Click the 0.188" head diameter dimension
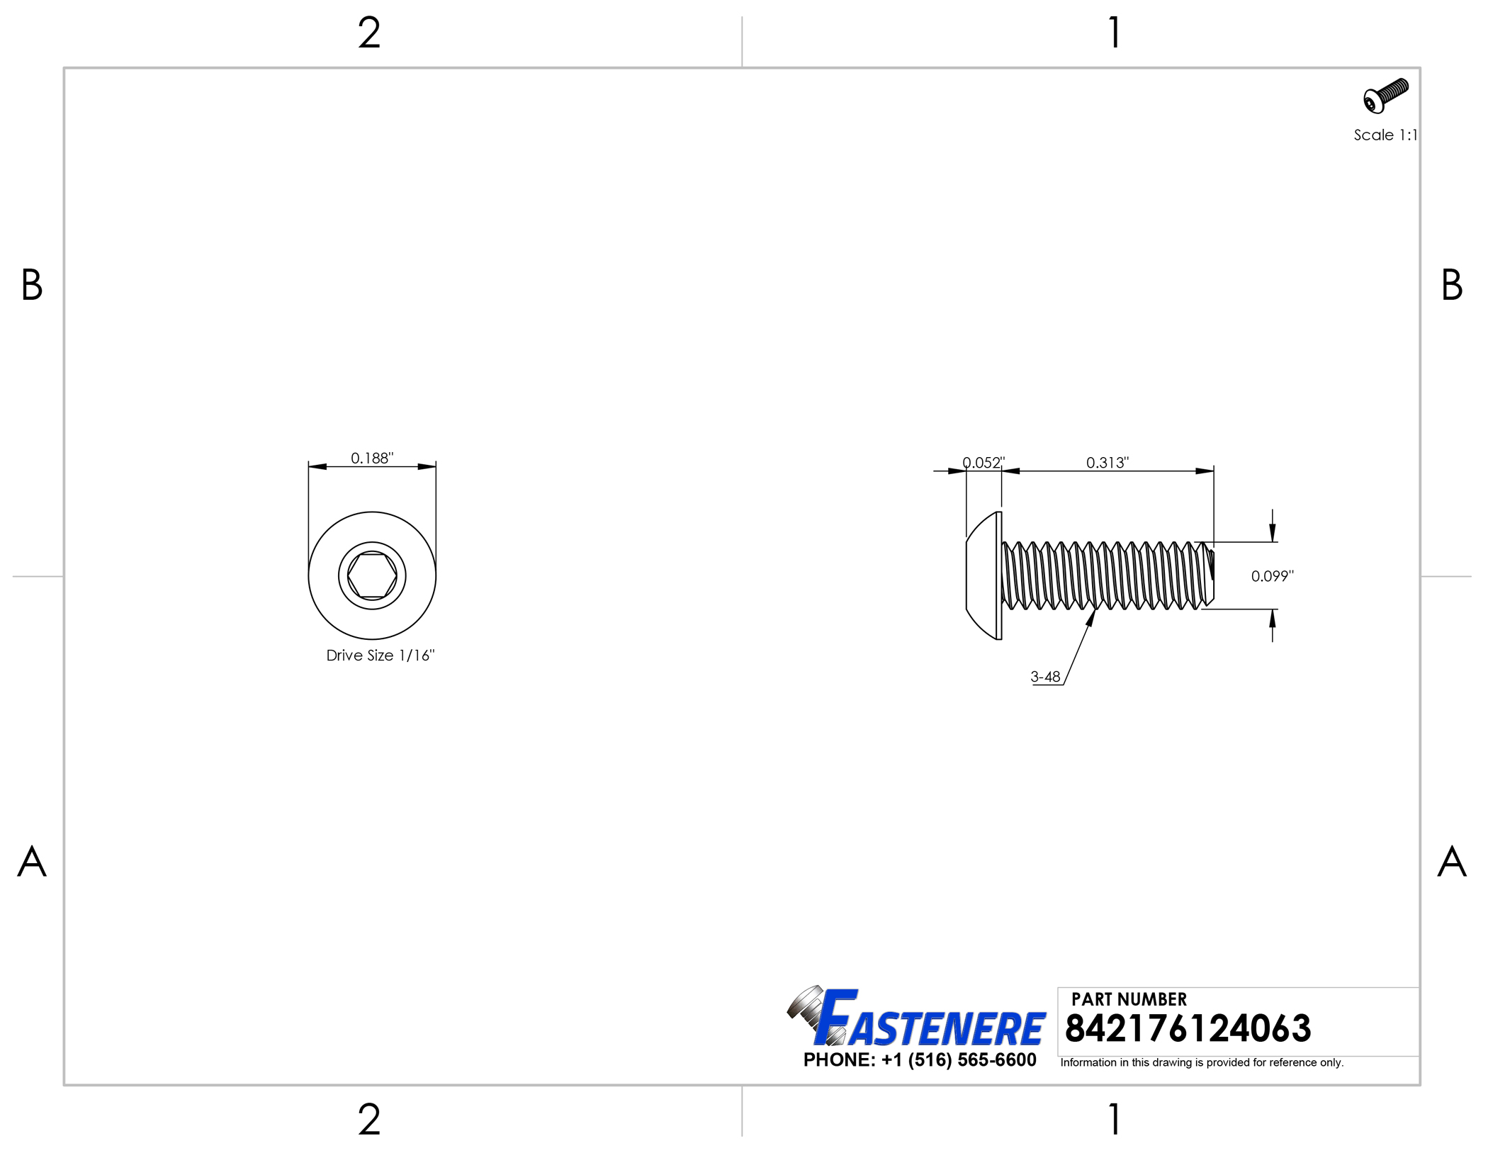(372, 458)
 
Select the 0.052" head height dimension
(983, 463)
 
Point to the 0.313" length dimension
(1107, 463)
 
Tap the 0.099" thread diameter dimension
(1272, 576)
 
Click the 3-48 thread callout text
(1045, 677)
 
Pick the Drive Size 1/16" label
(380, 656)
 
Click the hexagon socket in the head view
(372, 575)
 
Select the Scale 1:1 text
(1385, 135)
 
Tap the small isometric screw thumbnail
(1385, 96)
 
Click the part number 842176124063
(1188, 1028)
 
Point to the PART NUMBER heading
(1129, 999)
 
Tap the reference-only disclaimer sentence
(1202, 1062)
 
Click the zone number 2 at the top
(369, 33)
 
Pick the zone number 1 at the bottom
(1115, 1120)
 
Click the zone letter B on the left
(32, 285)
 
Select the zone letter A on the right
(1451, 862)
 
